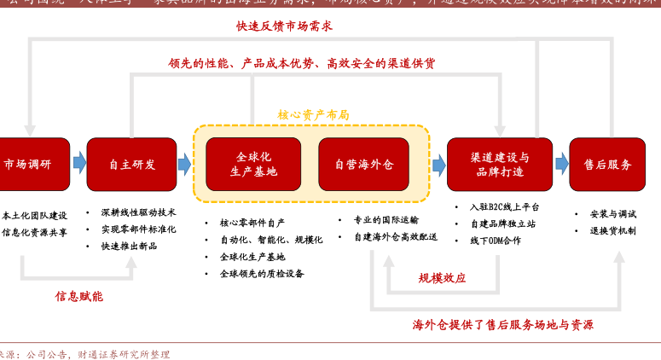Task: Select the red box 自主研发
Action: tap(131, 164)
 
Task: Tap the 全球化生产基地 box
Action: tap(253, 164)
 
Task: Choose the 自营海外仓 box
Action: tap(364, 164)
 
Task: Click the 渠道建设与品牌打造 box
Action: tap(499, 164)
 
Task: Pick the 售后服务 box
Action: tap(607, 164)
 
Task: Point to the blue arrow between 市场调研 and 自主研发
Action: tap(79, 162)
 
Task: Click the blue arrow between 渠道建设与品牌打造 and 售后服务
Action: tap(561, 162)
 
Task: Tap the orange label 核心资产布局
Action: tap(313, 114)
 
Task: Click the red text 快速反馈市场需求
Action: tap(284, 26)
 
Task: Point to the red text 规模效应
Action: tap(442, 278)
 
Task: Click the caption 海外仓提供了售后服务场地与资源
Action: tap(503, 325)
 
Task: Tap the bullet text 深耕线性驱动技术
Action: tap(138, 212)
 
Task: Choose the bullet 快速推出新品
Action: tap(129, 246)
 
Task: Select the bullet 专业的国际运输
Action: tap(386, 220)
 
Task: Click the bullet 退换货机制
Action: tap(612, 230)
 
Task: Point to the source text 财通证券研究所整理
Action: tap(124, 353)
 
